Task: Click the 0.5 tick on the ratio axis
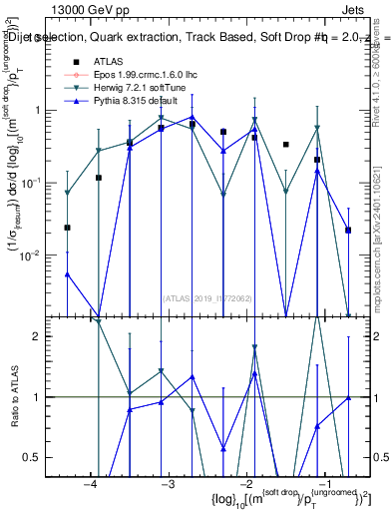pos(44,457)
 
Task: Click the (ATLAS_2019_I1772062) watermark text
pos(205,296)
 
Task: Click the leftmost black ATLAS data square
pos(67,228)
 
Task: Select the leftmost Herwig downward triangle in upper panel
pos(67,193)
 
